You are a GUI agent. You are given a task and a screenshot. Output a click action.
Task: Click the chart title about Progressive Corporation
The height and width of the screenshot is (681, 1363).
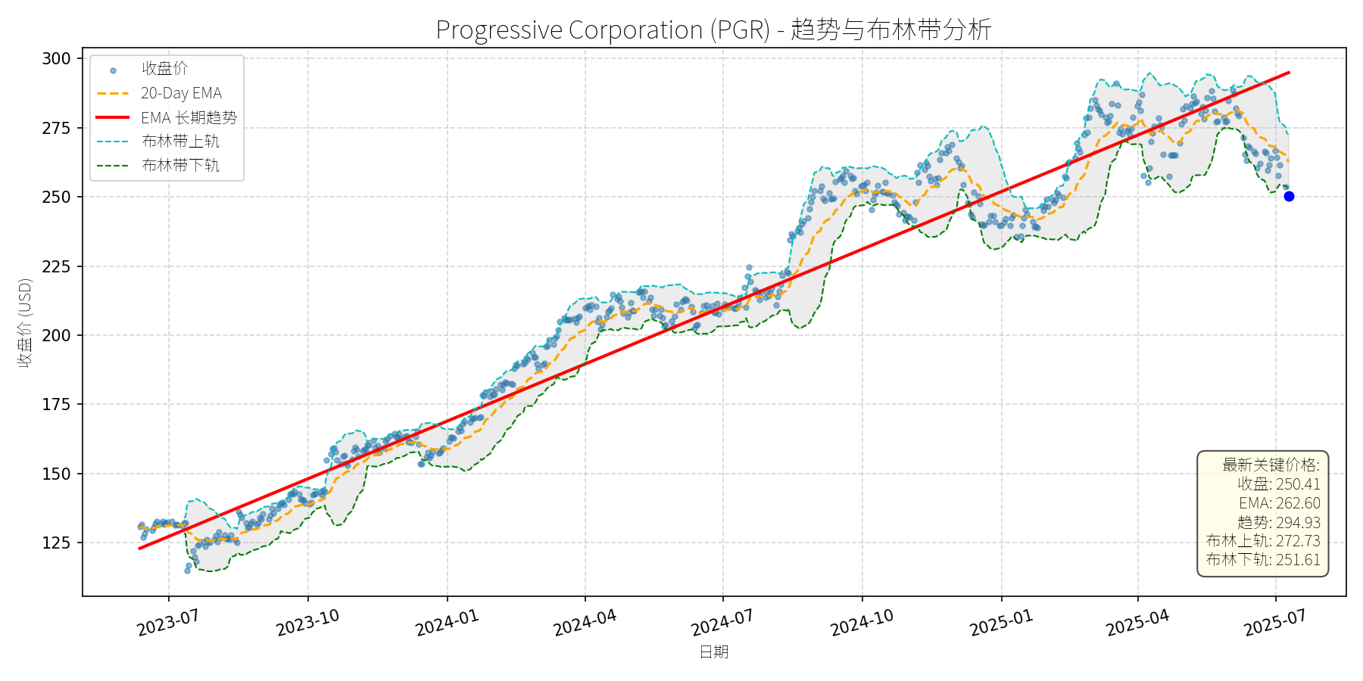(713, 30)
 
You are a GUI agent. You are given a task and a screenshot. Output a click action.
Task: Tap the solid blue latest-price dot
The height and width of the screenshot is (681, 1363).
(1289, 196)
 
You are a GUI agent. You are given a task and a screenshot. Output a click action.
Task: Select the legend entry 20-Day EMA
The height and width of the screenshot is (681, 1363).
(181, 93)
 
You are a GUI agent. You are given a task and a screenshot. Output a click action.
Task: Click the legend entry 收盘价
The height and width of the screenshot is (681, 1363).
(164, 69)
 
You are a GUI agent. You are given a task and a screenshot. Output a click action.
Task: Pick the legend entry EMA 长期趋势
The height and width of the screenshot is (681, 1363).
(189, 117)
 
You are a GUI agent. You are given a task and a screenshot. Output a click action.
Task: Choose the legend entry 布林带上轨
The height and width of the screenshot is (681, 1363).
(180, 141)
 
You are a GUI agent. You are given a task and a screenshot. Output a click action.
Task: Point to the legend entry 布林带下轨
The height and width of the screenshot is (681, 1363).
(180, 165)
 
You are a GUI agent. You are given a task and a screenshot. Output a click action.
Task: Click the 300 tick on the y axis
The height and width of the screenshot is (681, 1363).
(56, 58)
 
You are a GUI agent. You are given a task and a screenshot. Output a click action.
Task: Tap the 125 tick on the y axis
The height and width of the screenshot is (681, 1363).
(56, 543)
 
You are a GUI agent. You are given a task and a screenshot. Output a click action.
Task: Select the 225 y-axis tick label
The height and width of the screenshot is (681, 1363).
(56, 266)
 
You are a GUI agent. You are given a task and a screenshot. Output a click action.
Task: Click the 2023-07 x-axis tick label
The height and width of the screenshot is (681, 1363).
(168, 623)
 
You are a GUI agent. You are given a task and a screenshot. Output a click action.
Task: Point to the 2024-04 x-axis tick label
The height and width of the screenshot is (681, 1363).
(585, 623)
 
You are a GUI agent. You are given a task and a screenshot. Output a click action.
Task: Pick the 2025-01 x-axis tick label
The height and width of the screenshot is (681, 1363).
(1001, 623)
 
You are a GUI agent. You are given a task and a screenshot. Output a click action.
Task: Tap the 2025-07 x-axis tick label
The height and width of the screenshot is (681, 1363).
(1275, 623)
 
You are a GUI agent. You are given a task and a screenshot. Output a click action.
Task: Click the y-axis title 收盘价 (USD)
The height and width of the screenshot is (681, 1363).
(25, 323)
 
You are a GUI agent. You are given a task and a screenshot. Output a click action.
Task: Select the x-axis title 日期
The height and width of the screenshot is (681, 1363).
(713, 651)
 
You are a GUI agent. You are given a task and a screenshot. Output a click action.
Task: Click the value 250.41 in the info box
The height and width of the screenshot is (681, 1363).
(1298, 484)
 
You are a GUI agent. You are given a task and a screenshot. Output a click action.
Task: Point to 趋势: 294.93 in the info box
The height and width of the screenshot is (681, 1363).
(1278, 522)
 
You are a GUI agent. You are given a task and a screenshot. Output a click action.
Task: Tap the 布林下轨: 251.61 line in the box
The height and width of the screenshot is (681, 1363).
(1263, 560)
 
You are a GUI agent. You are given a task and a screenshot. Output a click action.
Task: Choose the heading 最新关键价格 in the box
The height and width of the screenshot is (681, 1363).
(1271, 465)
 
